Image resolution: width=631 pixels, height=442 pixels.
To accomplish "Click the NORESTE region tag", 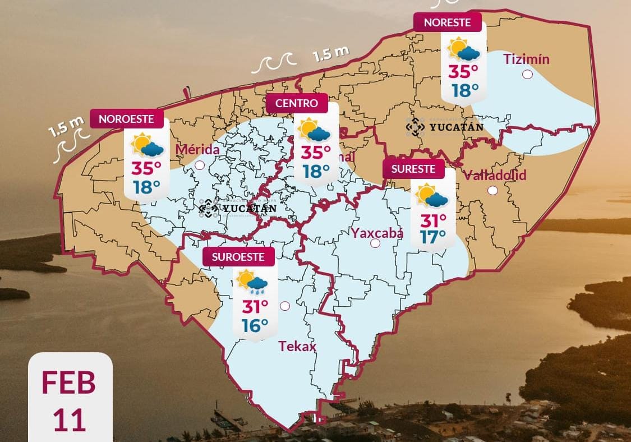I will (x=448, y=22).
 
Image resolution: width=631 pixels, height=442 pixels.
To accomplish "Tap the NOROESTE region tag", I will (x=132, y=119).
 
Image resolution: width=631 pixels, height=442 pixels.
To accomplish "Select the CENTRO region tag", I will (x=297, y=103).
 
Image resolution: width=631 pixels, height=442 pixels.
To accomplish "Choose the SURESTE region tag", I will (x=413, y=169).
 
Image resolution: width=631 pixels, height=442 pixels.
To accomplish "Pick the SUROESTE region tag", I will (x=238, y=257).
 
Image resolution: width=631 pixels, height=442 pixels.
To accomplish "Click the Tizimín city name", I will (x=526, y=59).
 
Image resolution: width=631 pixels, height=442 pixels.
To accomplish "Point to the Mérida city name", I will (x=197, y=150).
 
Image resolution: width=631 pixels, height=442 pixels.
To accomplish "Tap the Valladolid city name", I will (x=495, y=175).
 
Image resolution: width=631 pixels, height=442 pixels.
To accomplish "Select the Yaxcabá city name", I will (x=377, y=232).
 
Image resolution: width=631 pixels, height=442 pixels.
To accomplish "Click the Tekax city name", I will (x=297, y=347).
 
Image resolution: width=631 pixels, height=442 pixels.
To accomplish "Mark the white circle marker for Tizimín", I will (x=527, y=74).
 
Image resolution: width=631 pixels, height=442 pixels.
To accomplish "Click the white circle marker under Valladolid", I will (x=492, y=190).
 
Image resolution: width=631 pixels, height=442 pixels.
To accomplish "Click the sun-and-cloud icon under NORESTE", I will (x=463, y=49).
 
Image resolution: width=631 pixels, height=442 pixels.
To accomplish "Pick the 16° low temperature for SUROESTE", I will (x=255, y=325).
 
